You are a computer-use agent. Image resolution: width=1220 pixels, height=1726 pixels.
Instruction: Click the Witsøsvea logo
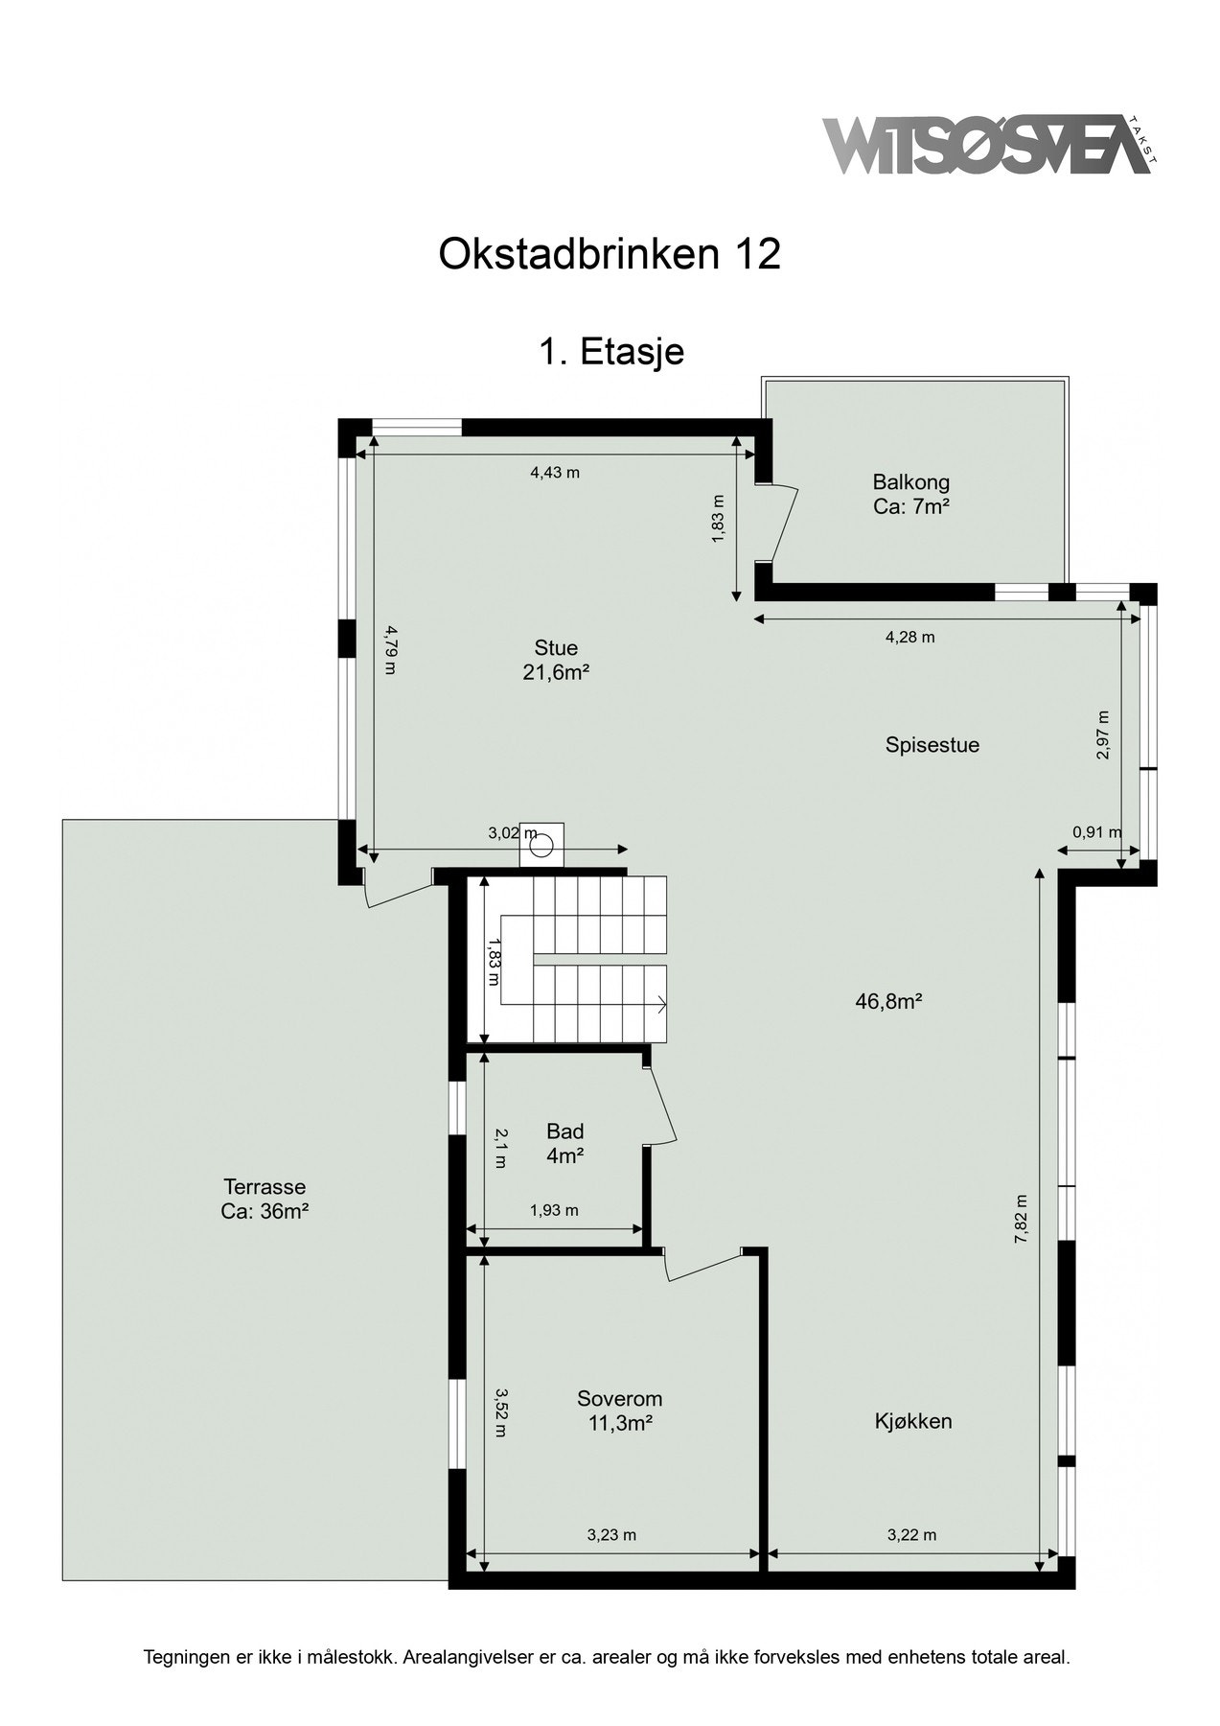click(x=987, y=146)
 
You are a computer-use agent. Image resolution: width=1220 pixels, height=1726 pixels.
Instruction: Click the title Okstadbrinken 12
click(x=610, y=254)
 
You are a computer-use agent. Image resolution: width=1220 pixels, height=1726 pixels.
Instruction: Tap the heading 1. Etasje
click(x=610, y=352)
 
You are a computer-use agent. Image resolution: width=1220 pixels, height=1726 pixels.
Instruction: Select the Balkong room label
click(x=910, y=494)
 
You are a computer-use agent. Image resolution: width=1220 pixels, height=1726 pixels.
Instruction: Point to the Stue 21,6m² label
click(x=556, y=660)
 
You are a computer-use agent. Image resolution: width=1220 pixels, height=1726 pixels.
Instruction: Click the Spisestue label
click(x=932, y=745)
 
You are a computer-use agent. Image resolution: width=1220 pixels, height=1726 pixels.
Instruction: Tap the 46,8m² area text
click(x=888, y=1002)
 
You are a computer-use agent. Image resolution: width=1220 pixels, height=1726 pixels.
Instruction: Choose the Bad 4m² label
click(x=564, y=1143)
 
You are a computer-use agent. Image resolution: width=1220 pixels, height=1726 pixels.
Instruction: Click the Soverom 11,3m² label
click(x=619, y=1411)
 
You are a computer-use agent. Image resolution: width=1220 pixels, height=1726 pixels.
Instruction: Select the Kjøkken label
click(x=912, y=1421)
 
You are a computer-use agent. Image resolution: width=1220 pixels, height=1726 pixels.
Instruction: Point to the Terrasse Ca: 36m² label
click(x=264, y=1199)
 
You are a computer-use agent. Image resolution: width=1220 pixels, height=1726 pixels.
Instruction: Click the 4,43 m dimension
click(x=555, y=472)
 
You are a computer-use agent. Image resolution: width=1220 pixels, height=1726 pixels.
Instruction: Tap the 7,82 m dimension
click(x=1022, y=1218)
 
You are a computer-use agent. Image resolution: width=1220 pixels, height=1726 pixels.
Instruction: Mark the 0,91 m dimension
click(x=1096, y=832)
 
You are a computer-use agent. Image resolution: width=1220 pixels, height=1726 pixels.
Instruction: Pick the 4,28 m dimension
click(x=909, y=637)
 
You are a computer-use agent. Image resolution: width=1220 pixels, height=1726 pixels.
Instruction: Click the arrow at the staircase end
click(x=661, y=1005)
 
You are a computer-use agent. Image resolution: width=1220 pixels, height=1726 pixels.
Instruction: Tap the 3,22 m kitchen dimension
click(x=911, y=1534)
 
